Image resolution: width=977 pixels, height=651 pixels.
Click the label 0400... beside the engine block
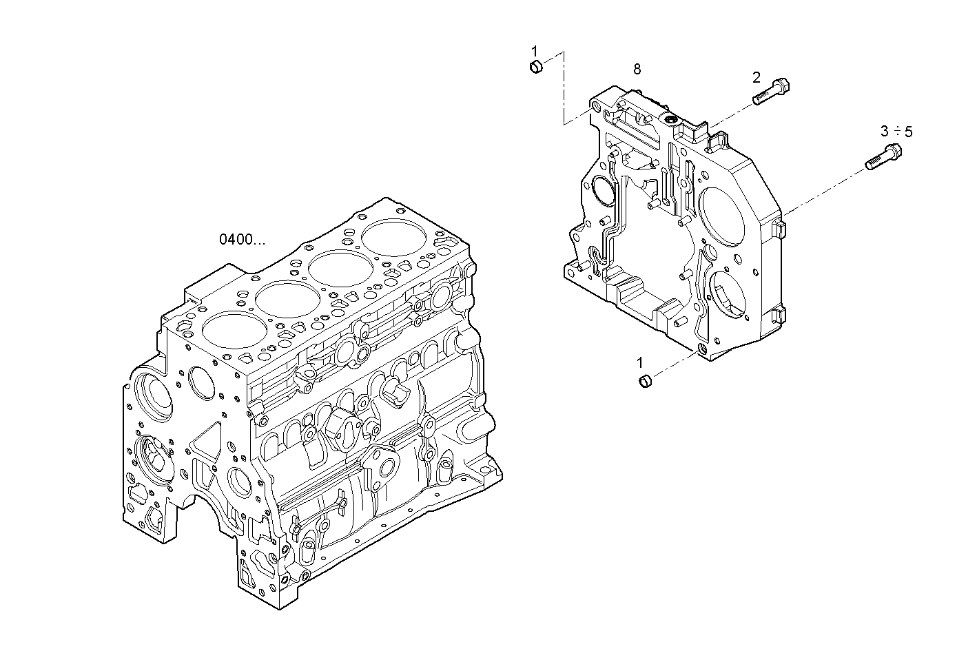coord(241,240)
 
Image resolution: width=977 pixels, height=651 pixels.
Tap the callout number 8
coord(637,69)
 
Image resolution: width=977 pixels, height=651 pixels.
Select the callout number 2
coord(756,76)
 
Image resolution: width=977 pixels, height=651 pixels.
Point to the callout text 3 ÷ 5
coord(896,131)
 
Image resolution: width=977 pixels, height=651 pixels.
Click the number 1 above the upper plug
coord(534,50)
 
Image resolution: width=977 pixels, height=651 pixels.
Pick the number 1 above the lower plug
coord(639,362)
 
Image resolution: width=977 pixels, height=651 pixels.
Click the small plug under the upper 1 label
coord(535,67)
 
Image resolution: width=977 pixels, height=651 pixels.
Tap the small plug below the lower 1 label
coord(645,381)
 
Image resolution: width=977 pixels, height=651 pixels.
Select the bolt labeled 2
coord(771,92)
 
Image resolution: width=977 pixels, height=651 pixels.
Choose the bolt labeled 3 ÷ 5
coord(883,156)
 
